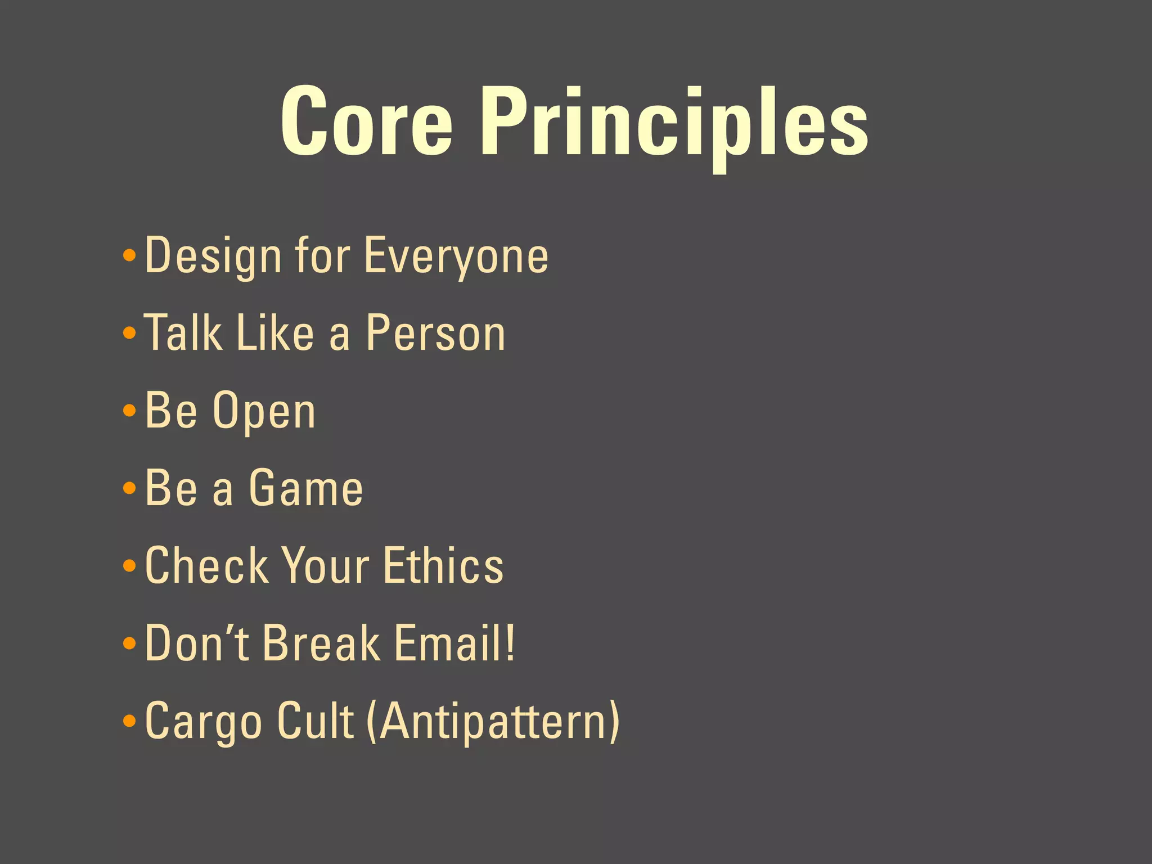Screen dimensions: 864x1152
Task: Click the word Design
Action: [213, 257]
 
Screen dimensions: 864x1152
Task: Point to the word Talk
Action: [182, 333]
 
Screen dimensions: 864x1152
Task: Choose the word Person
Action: [435, 333]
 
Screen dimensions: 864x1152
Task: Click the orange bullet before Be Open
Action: [129, 411]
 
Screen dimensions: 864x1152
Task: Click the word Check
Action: [206, 565]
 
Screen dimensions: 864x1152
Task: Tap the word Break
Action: [321, 643]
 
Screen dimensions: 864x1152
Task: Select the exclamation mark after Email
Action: [510, 643]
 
